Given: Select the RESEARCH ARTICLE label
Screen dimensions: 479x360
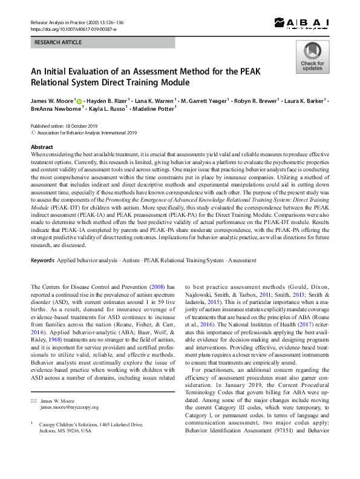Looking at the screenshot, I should pos(57,43).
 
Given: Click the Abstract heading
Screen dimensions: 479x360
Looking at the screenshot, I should pos(41,147).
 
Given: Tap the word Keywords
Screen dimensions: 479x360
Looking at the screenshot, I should pos(42,260).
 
